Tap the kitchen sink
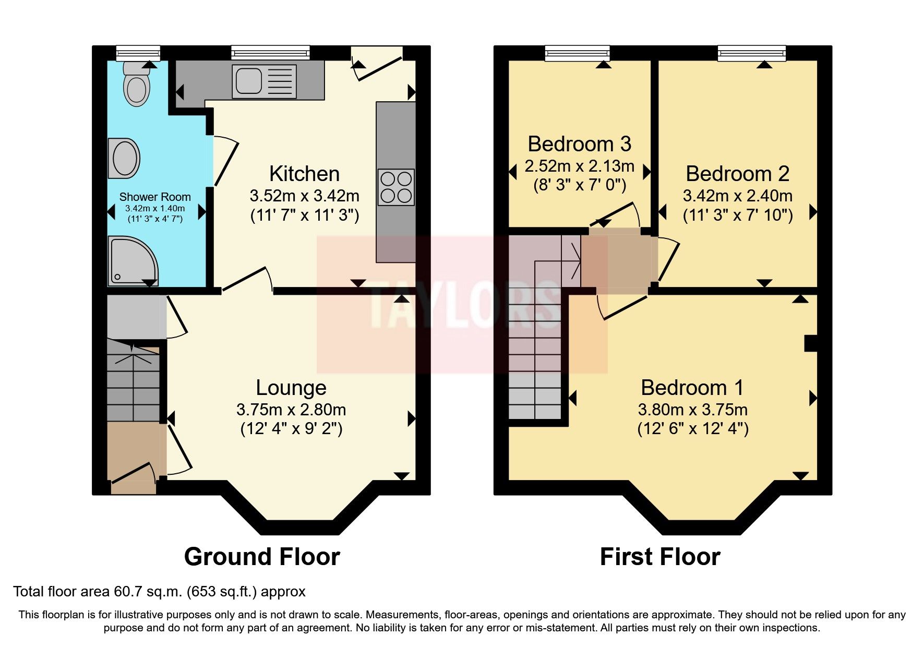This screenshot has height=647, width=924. [x=264, y=81]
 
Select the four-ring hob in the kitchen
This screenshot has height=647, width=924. [x=396, y=187]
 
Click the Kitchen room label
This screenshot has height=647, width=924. [x=304, y=174]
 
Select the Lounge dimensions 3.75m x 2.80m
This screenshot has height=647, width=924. [x=291, y=410]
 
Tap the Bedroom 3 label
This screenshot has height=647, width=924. [x=579, y=143]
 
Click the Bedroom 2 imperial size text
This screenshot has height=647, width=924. [x=738, y=215]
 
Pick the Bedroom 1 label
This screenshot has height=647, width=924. [x=692, y=388]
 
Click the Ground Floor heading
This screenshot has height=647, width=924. [x=262, y=557]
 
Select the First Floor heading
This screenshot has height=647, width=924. [x=660, y=557]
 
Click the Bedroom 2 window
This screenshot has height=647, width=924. [x=751, y=52]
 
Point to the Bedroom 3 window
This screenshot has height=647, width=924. [x=577, y=52]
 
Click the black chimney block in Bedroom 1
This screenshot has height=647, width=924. [x=810, y=343]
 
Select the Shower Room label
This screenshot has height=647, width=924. [x=155, y=197]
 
